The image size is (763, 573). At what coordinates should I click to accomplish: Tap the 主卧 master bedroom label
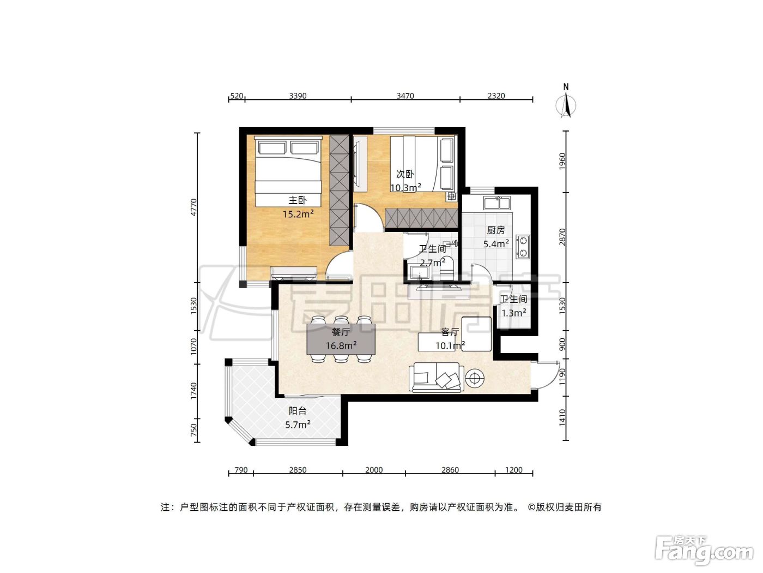click(298, 200)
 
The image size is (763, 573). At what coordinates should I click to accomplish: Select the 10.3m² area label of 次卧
click(405, 188)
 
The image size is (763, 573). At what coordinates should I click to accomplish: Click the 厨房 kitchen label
click(496, 230)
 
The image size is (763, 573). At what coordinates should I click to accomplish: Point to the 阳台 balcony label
click(298, 410)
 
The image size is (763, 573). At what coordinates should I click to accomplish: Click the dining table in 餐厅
click(341, 339)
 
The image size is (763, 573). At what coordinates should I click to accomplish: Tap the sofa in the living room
click(436, 378)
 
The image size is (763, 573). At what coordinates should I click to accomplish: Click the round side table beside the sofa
click(475, 378)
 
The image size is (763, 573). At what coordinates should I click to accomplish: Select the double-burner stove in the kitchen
click(523, 247)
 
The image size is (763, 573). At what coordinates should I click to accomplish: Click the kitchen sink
click(496, 202)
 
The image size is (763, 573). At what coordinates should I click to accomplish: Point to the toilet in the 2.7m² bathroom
click(446, 268)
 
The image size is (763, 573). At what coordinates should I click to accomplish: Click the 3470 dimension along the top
click(405, 95)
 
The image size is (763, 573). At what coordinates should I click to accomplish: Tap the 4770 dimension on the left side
click(194, 207)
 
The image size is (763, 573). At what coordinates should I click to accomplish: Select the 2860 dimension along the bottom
click(450, 470)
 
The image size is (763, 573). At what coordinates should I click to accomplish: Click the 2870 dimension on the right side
click(562, 237)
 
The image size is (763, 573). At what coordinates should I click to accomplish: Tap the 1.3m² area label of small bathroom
click(514, 313)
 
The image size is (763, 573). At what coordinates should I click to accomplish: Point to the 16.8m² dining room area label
click(341, 345)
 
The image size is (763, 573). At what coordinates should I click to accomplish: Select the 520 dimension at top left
click(237, 95)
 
